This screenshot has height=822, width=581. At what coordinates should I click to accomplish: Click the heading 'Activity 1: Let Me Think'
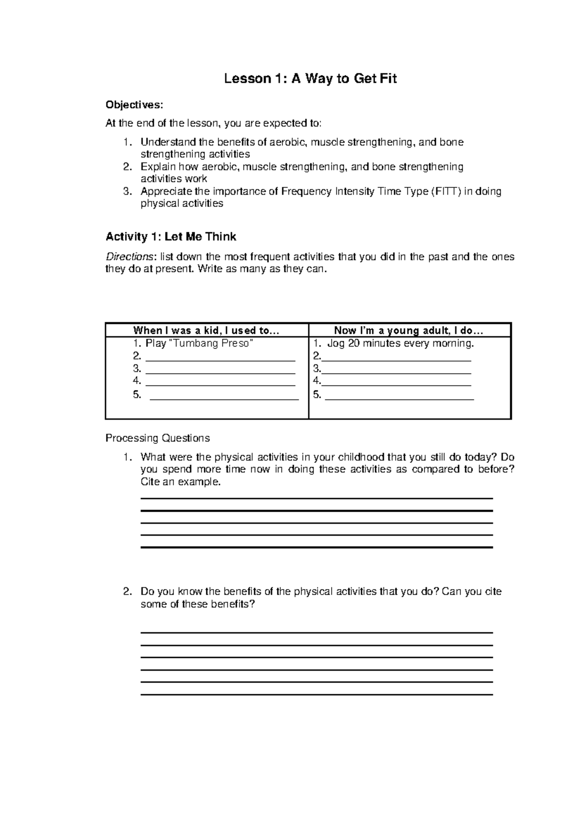click(x=171, y=237)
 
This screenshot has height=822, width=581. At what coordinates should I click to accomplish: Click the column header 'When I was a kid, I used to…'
click(x=207, y=331)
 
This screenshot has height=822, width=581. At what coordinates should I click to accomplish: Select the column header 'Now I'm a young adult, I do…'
click(x=409, y=331)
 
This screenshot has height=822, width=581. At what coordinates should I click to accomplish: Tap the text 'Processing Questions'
click(x=157, y=438)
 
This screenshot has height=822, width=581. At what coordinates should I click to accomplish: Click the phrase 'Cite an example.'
click(x=180, y=482)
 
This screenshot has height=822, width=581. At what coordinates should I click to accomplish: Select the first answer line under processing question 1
click(x=316, y=498)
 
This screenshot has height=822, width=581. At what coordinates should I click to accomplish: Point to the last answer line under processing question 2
click(x=316, y=695)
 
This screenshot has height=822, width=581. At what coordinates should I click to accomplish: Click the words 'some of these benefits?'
click(x=197, y=604)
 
